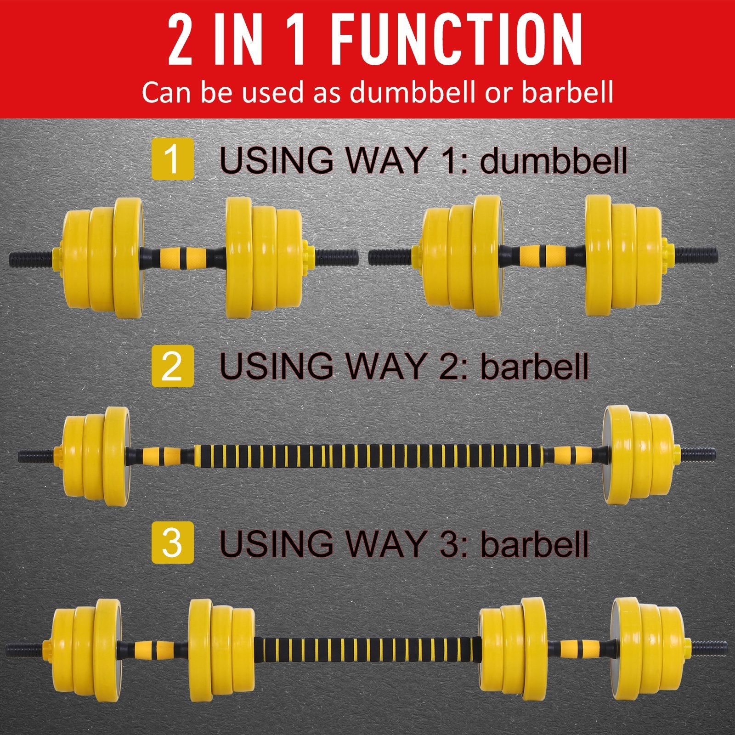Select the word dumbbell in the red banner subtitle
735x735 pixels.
(x=412, y=92)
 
